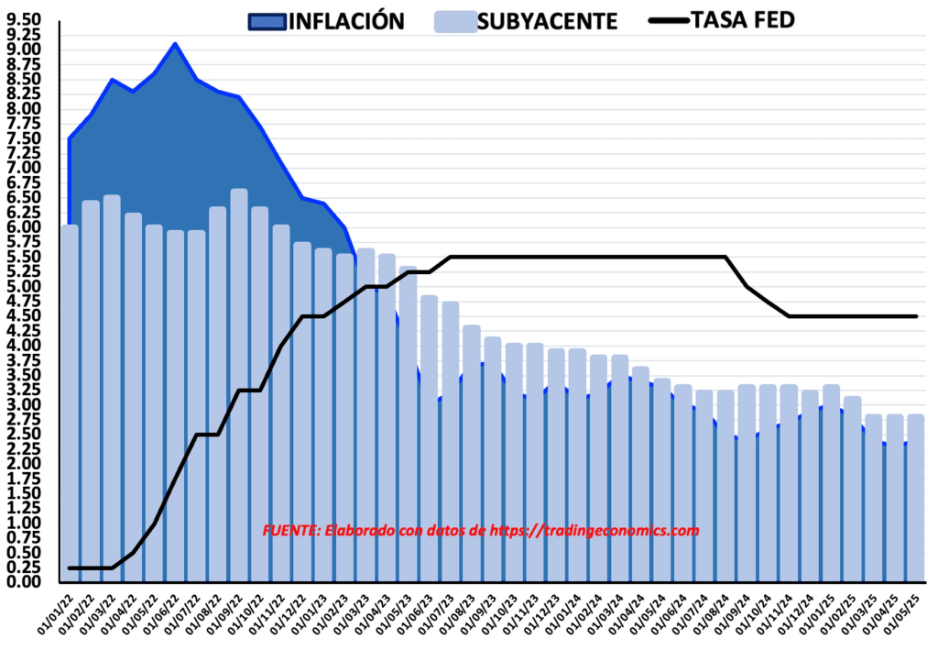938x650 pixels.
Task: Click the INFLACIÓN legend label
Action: point(346,21)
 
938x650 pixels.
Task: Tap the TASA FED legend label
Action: point(743,19)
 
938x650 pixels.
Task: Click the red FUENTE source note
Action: point(480,531)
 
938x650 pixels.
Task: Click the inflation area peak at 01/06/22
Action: point(175,45)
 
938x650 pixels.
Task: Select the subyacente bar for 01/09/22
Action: point(239,385)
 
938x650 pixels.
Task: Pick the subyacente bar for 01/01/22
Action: point(70,403)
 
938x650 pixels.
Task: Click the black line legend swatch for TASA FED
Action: point(669,20)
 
